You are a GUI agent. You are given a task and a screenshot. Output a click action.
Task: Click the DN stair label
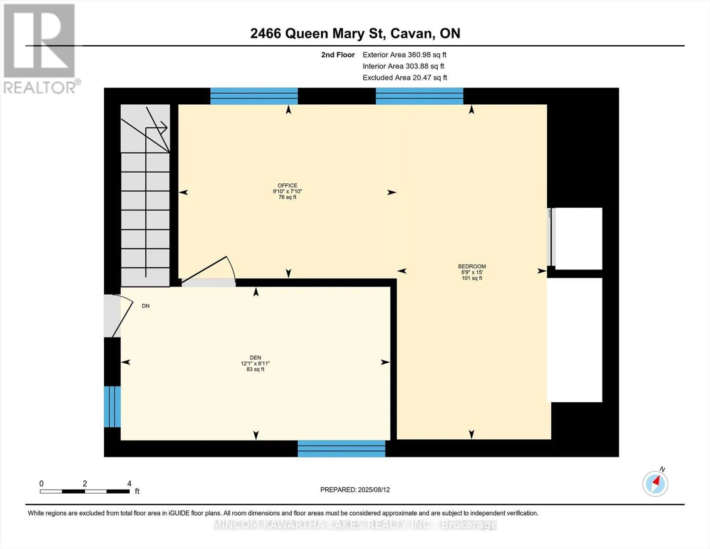click(x=145, y=306)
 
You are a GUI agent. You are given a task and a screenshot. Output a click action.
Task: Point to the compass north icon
click(x=655, y=483)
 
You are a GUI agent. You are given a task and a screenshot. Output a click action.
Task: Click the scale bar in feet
click(x=85, y=491)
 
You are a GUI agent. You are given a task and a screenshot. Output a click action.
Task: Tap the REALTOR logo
click(x=40, y=48)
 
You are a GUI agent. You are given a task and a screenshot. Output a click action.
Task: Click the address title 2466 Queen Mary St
click(x=355, y=33)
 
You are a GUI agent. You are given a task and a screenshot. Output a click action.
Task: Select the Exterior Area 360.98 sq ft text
click(x=404, y=54)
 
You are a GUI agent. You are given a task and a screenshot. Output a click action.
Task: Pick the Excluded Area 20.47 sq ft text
click(x=405, y=78)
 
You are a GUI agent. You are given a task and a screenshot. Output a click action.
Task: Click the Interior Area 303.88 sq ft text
click(x=403, y=66)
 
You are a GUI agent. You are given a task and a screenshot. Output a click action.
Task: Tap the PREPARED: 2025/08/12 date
click(x=355, y=490)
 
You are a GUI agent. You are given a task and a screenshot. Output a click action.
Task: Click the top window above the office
click(x=254, y=96)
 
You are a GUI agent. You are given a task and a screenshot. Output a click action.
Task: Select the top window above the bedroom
click(x=419, y=96)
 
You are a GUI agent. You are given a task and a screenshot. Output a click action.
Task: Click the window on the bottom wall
click(x=341, y=448)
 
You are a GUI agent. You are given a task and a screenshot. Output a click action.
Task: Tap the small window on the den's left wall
click(x=112, y=407)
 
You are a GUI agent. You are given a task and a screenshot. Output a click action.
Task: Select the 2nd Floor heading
click(x=337, y=55)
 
